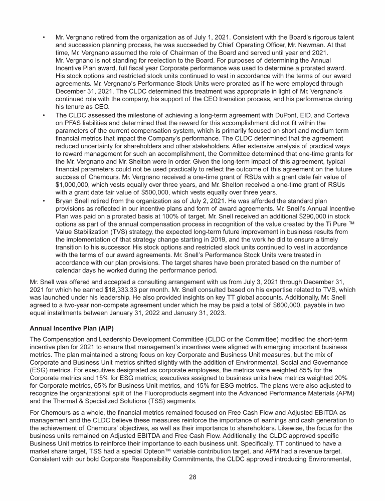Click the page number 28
click(192, 477)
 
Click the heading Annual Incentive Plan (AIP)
click(68, 330)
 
